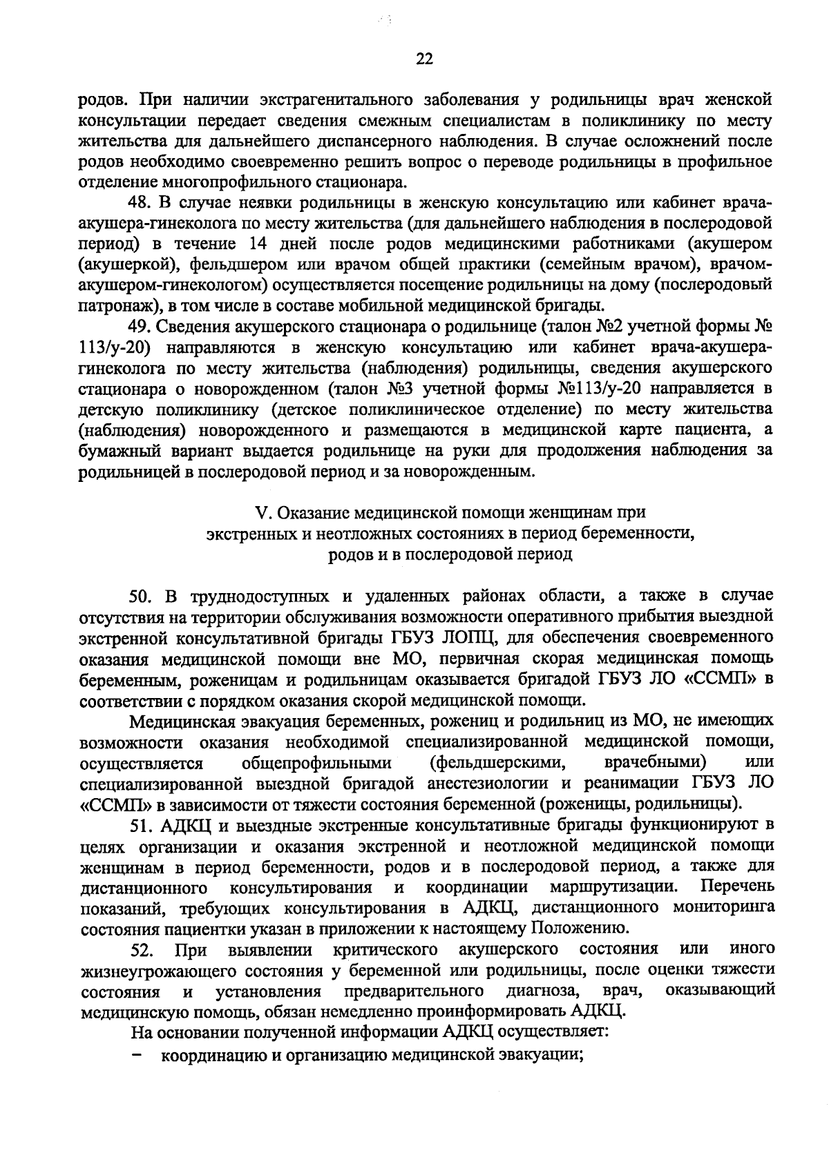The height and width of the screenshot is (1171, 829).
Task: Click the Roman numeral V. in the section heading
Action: pos(262,513)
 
